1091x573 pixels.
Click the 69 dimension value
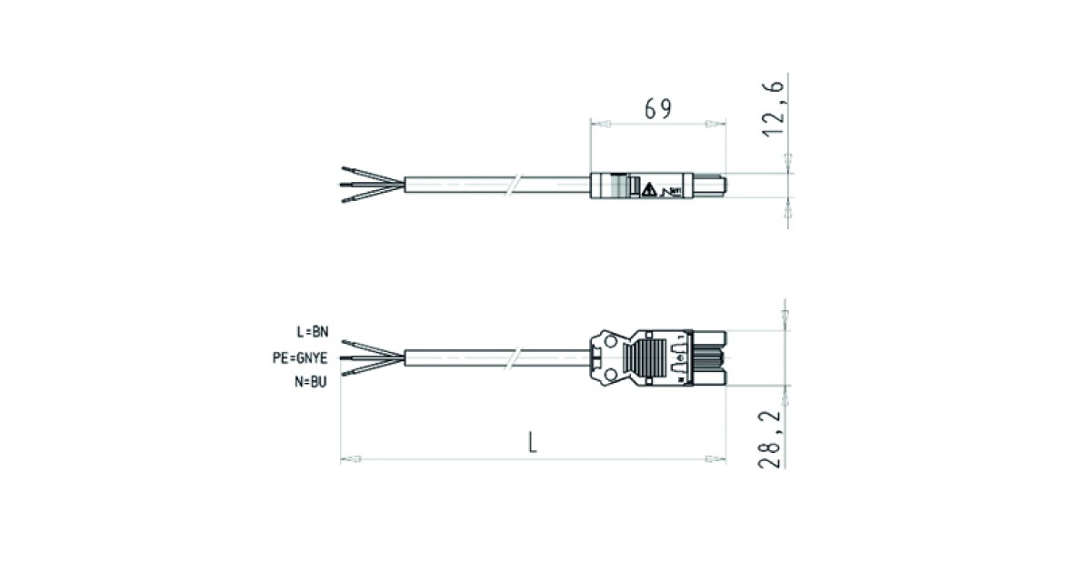pyautogui.click(x=658, y=109)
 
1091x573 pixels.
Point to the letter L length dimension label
pyautogui.click(x=533, y=443)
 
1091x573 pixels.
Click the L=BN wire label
pyautogui.click(x=313, y=332)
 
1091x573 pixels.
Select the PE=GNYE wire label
pyautogui.click(x=300, y=358)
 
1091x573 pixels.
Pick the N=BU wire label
pyautogui.click(x=310, y=382)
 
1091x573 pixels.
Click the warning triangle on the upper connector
pyautogui.click(x=649, y=190)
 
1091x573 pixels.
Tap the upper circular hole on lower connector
pyautogui.click(x=610, y=342)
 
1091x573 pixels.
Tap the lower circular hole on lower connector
pyautogui.click(x=610, y=374)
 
